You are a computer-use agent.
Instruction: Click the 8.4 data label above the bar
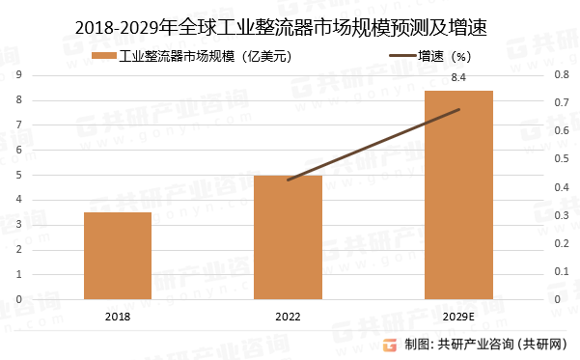tap(458, 78)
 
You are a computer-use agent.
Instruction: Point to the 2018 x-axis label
tap(117, 316)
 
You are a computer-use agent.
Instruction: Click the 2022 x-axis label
tap(288, 316)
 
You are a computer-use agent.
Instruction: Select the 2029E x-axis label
tap(458, 316)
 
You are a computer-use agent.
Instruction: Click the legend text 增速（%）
tap(449, 57)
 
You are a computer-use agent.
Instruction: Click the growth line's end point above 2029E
tap(459, 109)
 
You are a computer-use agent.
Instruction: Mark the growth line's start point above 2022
tap(288, 180)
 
